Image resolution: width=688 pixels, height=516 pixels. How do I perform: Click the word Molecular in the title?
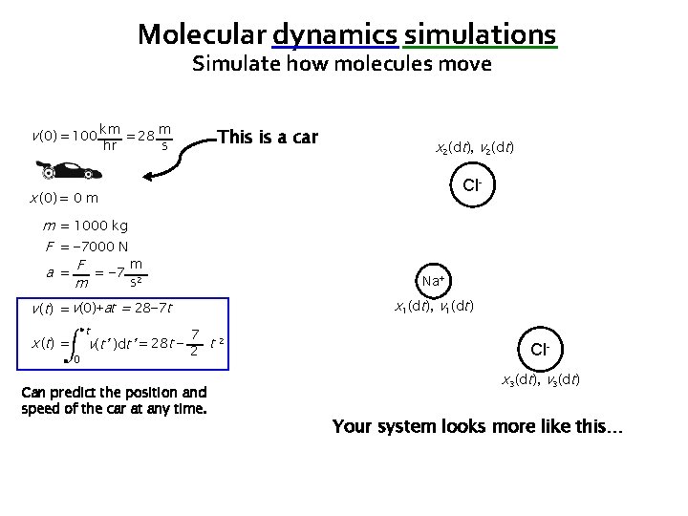coord(202,34)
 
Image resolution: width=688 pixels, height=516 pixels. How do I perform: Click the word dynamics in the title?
coord(334,34)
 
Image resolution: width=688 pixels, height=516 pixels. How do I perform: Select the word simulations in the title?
coord(480,34)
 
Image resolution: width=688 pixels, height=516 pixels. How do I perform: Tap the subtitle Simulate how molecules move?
coord(341,65)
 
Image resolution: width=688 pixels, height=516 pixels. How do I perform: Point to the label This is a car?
coord(268,137)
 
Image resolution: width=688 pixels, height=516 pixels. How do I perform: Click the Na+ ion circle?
coord(433,281)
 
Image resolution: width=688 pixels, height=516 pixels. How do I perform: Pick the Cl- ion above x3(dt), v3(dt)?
coord(540,350)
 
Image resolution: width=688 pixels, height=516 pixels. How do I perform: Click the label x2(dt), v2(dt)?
coord(475,149)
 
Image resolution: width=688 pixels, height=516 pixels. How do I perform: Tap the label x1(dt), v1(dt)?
coord(434,308)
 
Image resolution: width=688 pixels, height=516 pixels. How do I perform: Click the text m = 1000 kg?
coord(86,226)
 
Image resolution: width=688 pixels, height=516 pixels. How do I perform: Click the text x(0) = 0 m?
coord(65,198)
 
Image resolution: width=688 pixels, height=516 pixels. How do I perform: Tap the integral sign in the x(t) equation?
coord(78,343)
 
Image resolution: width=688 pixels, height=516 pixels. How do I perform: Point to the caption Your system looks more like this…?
coord(477,426)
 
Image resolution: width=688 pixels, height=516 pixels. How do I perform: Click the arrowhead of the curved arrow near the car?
coord(146,176)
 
